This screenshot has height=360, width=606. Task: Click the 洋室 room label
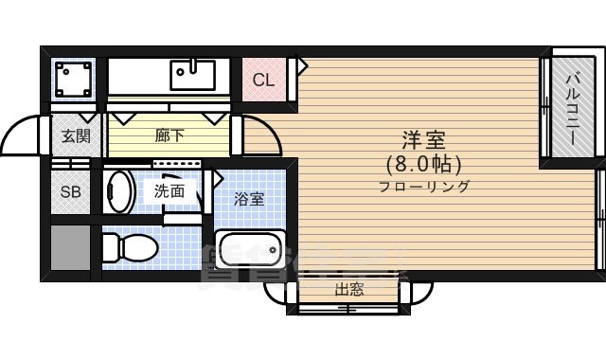click(x=423, y=139)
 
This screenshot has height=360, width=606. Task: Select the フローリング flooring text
click(x=423, y=186)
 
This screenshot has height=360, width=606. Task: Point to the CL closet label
click(x=263, y=80)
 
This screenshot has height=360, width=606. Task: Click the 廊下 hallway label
click(x=169, y=135)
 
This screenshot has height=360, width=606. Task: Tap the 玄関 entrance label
click(x=76, y=135)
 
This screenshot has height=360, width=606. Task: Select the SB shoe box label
click(x=71, y=191)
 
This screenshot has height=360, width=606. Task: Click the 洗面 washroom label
click(x=169, y=189)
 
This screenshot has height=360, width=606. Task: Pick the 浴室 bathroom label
click(x=249, y=199)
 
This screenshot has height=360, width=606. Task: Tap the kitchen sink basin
click(x=193, y=72)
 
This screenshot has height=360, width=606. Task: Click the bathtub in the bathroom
click(x=250, y=252)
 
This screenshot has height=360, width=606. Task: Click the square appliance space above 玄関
click(x=74, y=80)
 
